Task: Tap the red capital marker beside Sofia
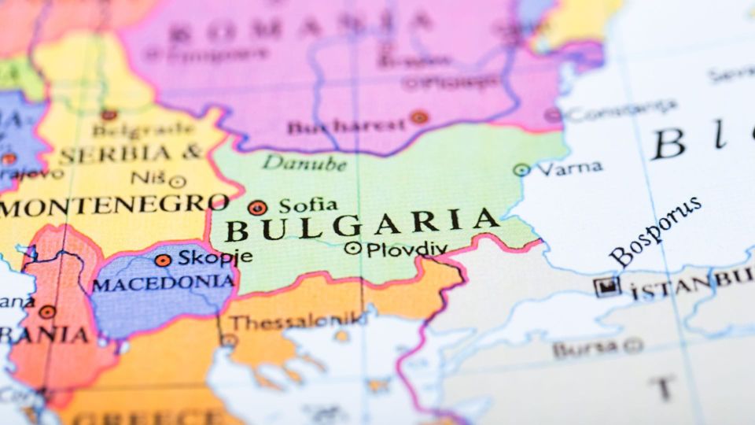point(257,208)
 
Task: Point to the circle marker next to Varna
point(521,169)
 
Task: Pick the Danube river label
point(304,163)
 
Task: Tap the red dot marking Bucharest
point(419,117)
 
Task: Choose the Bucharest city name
point(346,125)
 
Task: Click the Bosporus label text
point(654,231)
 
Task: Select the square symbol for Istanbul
point(607,286)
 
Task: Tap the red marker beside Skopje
point(163,260)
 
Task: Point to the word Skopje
point(215,257)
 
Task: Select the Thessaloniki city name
point(297,322)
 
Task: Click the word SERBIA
point(118,154)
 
